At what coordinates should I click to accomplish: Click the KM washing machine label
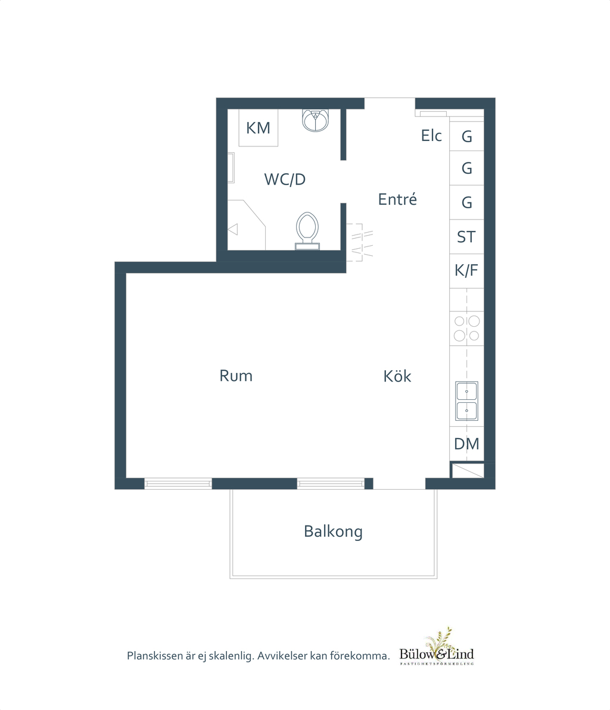[258, 128]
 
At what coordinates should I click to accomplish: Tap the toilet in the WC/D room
[307, 231]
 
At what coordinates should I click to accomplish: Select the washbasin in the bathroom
[315, 120]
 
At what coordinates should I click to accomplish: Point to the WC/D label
[285, 179]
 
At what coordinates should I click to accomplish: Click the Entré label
[397, 199]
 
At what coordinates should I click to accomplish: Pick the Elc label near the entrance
[431, 135]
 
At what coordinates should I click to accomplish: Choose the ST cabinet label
[466, 237]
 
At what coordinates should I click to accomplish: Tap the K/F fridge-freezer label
[466, 270]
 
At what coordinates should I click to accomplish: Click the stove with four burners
[467, 329]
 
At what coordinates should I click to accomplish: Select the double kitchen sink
[467, 401]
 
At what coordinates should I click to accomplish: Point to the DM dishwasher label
[467, 444]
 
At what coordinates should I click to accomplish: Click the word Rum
[236, 376]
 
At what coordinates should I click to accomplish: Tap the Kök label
[397, 376]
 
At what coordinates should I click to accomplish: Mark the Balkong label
[333, 531]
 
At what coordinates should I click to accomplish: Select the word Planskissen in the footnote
[155, 656]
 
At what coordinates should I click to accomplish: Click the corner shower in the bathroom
[246, 225]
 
